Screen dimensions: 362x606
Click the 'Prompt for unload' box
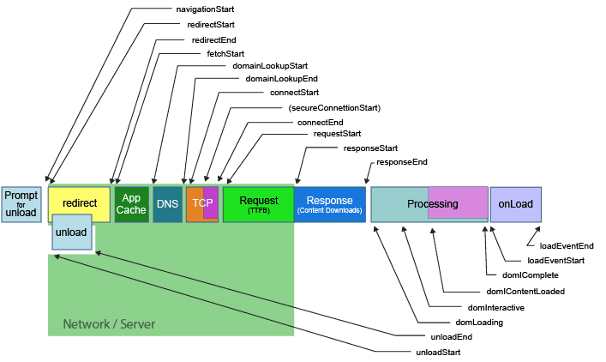21,204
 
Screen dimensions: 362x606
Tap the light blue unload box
71,233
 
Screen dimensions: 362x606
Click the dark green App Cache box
131,204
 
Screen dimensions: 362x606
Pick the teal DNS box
167,204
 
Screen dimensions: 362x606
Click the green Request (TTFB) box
258,204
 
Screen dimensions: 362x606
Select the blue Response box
330,204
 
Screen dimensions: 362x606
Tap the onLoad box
515,204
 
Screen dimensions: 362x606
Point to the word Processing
432,204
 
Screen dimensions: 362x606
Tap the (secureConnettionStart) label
334,108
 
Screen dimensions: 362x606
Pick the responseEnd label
402,161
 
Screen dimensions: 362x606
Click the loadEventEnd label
567,245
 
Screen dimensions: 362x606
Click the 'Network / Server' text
109,324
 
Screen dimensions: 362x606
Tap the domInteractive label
496,306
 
